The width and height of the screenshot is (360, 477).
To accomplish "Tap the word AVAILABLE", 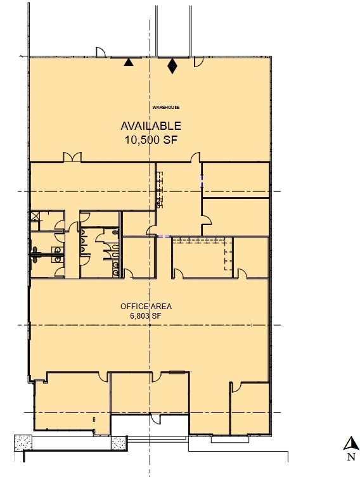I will [x=151, y=126].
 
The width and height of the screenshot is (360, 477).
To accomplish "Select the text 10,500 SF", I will [x=151, y=141].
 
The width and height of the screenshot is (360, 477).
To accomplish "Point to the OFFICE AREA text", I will [x=146, y=307].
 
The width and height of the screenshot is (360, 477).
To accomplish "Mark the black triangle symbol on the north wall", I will [x=129, y=62].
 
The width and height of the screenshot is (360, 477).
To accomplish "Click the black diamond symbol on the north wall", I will [x=172, y=65].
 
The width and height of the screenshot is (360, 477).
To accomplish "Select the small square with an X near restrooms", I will [x=34, y=215].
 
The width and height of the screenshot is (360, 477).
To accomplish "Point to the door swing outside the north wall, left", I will [x=100, y=52].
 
